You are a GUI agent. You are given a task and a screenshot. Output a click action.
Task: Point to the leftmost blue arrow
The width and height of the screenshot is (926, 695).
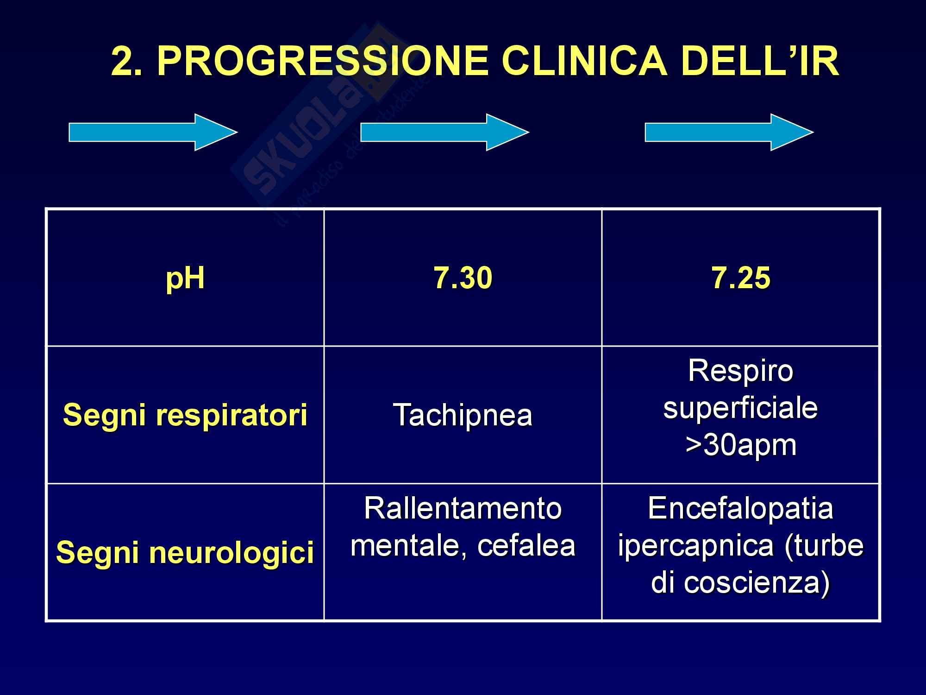pos(153,133)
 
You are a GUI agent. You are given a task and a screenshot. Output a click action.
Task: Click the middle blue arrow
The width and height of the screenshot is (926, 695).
pos(444,133)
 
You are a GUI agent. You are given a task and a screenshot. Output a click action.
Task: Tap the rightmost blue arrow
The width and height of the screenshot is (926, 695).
pos(729,133)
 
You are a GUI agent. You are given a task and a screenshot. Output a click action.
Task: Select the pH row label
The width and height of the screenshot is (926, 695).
pos(185,279)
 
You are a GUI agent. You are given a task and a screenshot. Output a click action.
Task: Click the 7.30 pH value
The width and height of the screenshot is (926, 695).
pos(463,278)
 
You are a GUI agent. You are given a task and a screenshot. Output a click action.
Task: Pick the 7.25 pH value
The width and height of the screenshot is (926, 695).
pos(741,278)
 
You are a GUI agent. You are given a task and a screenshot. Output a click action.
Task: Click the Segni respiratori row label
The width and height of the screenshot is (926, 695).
pos(185,415)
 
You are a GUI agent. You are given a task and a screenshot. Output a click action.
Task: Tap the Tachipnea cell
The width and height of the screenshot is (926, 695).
pos(463,415)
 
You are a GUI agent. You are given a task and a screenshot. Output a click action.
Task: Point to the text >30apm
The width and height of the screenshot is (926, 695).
pos(741,445)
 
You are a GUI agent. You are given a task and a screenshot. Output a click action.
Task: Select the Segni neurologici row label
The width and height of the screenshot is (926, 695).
pos(185,553)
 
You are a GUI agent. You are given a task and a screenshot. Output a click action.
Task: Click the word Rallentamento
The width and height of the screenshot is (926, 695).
pos(463,508)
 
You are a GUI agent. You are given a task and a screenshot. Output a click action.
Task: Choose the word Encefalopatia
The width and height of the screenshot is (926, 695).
pos(741,508)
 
